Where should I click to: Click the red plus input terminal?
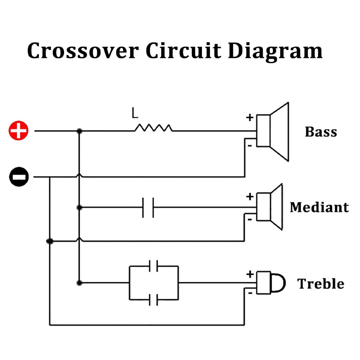pos(18,131)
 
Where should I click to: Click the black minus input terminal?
pos(18,177)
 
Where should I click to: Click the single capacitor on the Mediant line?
pos(148,207)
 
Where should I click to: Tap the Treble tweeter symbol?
pos(270,283)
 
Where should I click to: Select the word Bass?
pos(321,132)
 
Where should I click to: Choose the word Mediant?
pos(319,207)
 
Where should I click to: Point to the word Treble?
pos(320,284)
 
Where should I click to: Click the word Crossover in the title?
pos(83,50)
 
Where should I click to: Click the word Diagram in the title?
pos(275,51)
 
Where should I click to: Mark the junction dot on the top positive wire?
pos(79,131)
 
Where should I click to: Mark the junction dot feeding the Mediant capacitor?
pos(79,207)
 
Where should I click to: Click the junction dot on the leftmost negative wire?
pos(50,241)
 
